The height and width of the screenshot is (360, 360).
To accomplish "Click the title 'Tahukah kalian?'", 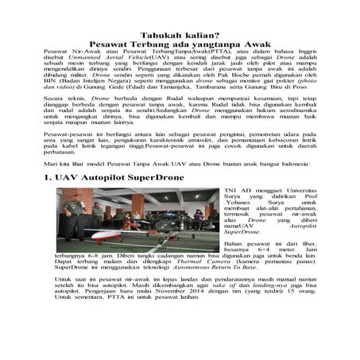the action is (x=180, y=36).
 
